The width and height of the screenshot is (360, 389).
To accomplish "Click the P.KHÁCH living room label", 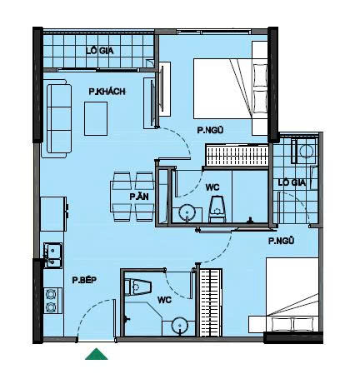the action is (x=107, y=92).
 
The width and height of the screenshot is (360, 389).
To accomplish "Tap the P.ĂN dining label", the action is (x=139, y=197).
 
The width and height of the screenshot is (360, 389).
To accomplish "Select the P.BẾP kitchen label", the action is (x=84, y=280).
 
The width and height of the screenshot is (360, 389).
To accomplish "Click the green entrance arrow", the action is (x=96, y=354).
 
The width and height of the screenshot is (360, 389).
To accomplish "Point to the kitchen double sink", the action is (x=52, y=255).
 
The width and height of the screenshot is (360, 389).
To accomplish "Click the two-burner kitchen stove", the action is (x=52, y=301).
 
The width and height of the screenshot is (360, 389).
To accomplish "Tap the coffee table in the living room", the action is (x=96, y=118).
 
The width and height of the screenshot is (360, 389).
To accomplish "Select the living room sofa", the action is (x=57, y=118).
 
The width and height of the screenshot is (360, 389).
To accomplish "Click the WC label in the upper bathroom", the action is (x=212, y=187).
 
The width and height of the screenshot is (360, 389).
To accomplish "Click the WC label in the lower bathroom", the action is (x=164, y=300).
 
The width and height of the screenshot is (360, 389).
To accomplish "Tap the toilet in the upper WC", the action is (x=217, y=209).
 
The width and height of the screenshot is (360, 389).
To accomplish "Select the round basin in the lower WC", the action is (x=180, y=326).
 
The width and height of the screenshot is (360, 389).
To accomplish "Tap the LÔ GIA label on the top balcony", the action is (x=100, y=51).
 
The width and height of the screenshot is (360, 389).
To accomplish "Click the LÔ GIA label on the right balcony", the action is (x=292, y=182).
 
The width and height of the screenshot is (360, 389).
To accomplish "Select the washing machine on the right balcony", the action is (x=304, y=152).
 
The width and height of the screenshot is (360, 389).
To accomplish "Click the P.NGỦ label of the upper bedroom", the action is (x=210, y=130).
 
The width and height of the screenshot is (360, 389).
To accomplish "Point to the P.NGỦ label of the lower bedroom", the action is (x=281, y=241).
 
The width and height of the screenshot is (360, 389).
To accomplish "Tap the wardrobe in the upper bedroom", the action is (x=237, y=155).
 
